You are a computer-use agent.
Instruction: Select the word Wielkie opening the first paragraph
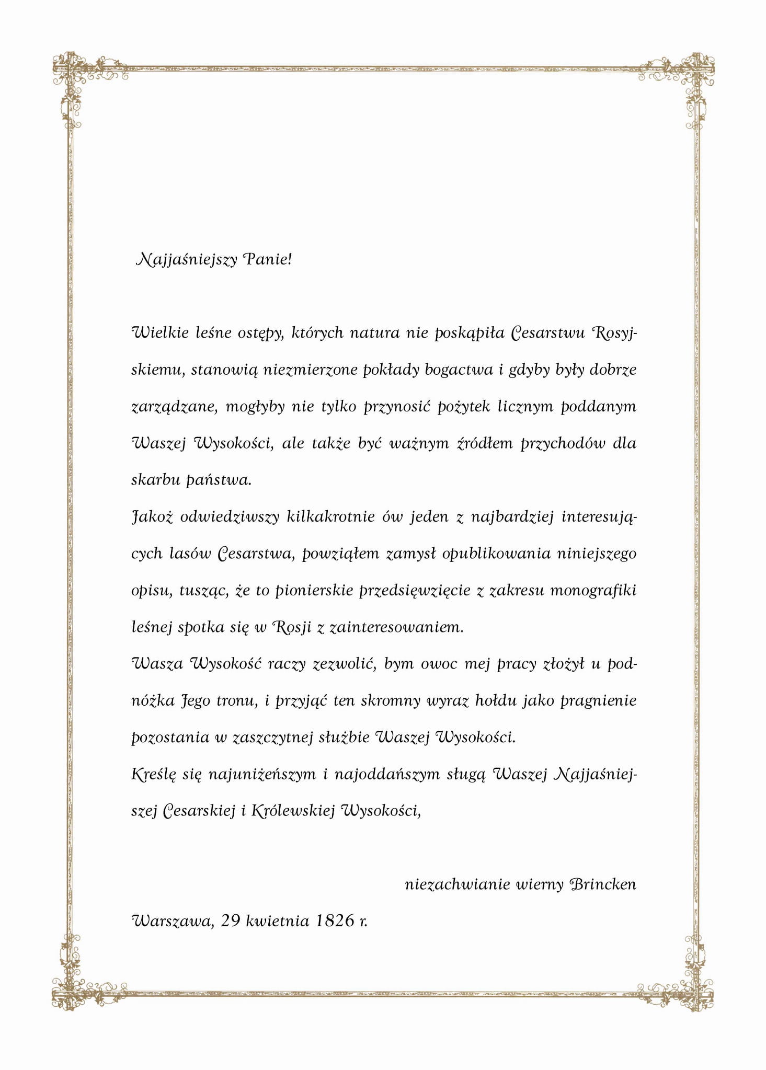click(160, 333)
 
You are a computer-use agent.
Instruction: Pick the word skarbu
click(155, 480)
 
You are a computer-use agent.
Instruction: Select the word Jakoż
click(152, 517)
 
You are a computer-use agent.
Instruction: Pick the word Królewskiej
click(293, 811)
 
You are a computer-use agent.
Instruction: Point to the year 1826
click(335, 921)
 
